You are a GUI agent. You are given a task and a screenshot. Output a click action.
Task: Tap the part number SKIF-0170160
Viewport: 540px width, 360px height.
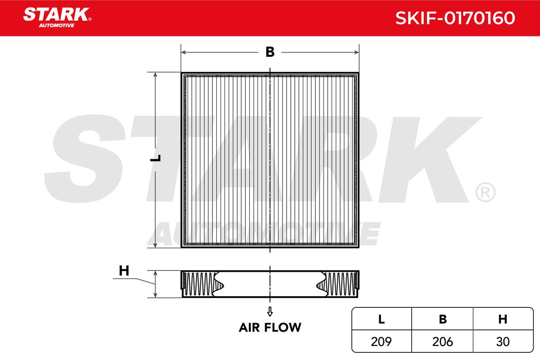455,18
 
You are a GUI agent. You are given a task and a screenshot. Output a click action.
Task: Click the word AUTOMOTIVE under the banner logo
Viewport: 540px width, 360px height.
57,26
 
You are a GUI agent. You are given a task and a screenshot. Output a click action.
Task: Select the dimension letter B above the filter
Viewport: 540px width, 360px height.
270,52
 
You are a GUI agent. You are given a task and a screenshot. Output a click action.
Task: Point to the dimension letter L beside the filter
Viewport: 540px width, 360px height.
156,158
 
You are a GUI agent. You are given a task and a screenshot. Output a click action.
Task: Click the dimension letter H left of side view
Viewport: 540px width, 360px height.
124,271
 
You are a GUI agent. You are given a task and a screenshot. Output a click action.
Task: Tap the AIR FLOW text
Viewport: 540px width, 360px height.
270,328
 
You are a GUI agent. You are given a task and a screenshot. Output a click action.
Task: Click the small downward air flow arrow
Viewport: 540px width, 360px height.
270,311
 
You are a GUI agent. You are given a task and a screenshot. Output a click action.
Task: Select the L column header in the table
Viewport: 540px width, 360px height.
382,319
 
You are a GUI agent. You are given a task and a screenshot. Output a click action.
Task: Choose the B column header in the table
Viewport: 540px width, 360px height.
443,319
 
